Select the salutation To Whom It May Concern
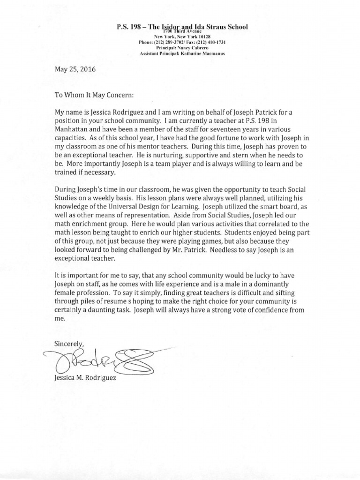(94, 94)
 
